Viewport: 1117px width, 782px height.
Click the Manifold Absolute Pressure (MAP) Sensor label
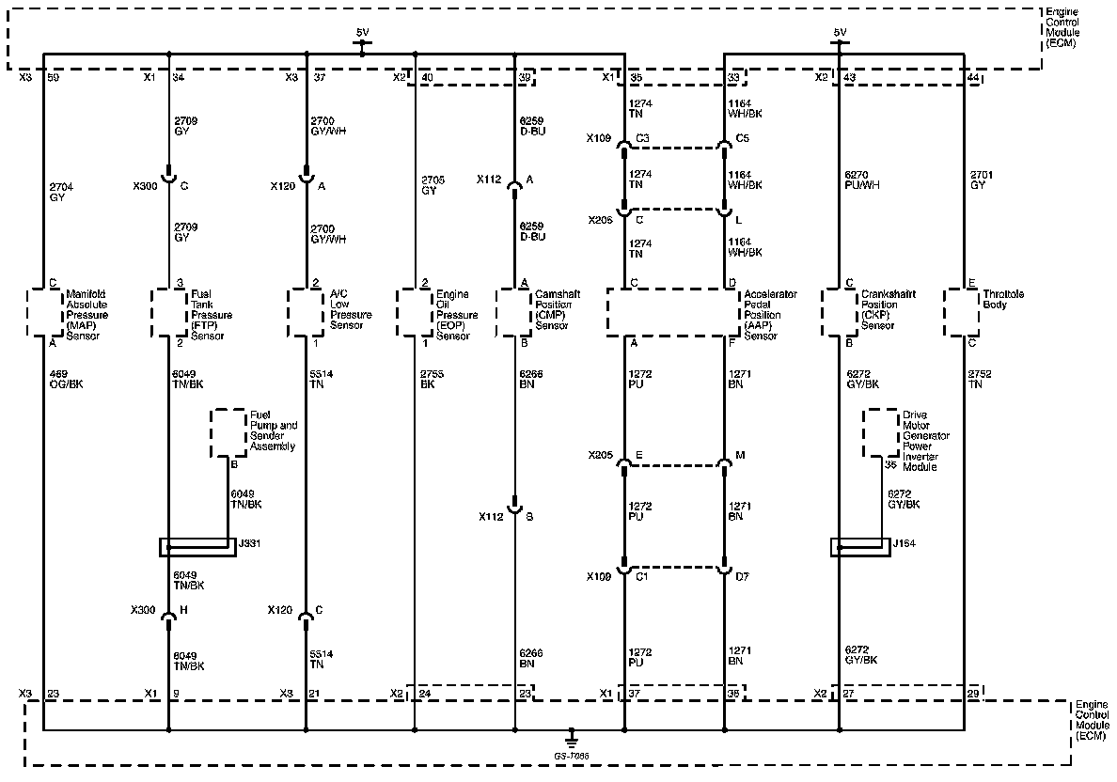coord(87,315)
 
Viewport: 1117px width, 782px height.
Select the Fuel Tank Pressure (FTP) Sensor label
coord(212,315)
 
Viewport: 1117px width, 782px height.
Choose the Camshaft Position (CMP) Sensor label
coord(557,309)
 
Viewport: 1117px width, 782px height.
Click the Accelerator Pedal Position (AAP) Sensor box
coord(673,312)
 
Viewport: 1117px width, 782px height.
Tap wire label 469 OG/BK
coord(66,379)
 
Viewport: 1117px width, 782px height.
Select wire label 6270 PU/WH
coord(860,180)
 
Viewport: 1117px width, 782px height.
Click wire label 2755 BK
coord(432,379)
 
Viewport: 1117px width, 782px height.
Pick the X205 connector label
coord(601,455)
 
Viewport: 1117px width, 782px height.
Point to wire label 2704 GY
coord(58,193)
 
